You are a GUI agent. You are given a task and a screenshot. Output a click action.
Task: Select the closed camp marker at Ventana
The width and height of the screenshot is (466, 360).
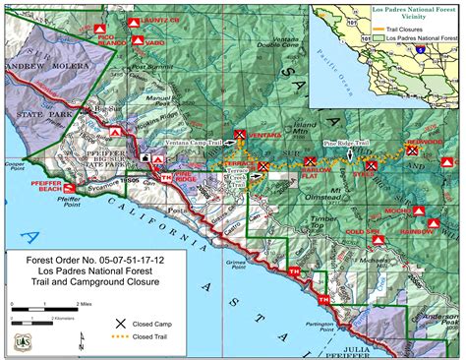[240, 134]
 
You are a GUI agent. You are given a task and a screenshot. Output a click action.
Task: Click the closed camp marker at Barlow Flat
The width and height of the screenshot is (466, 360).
[311, 160]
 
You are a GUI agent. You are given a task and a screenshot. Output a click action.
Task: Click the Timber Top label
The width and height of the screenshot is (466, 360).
[324, 224]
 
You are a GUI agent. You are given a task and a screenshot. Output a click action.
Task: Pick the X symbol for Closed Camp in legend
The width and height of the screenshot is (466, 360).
[121, 323]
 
